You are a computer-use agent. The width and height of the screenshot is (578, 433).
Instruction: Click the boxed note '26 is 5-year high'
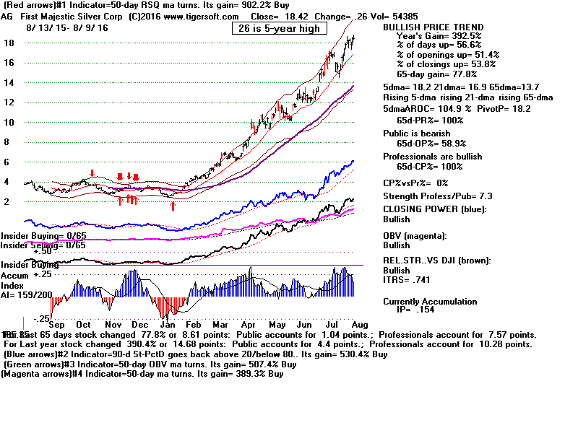[280, 28]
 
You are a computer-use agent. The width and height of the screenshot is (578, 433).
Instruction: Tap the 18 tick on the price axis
[10, 43]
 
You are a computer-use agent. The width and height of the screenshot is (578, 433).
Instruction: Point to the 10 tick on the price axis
[10, 122]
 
